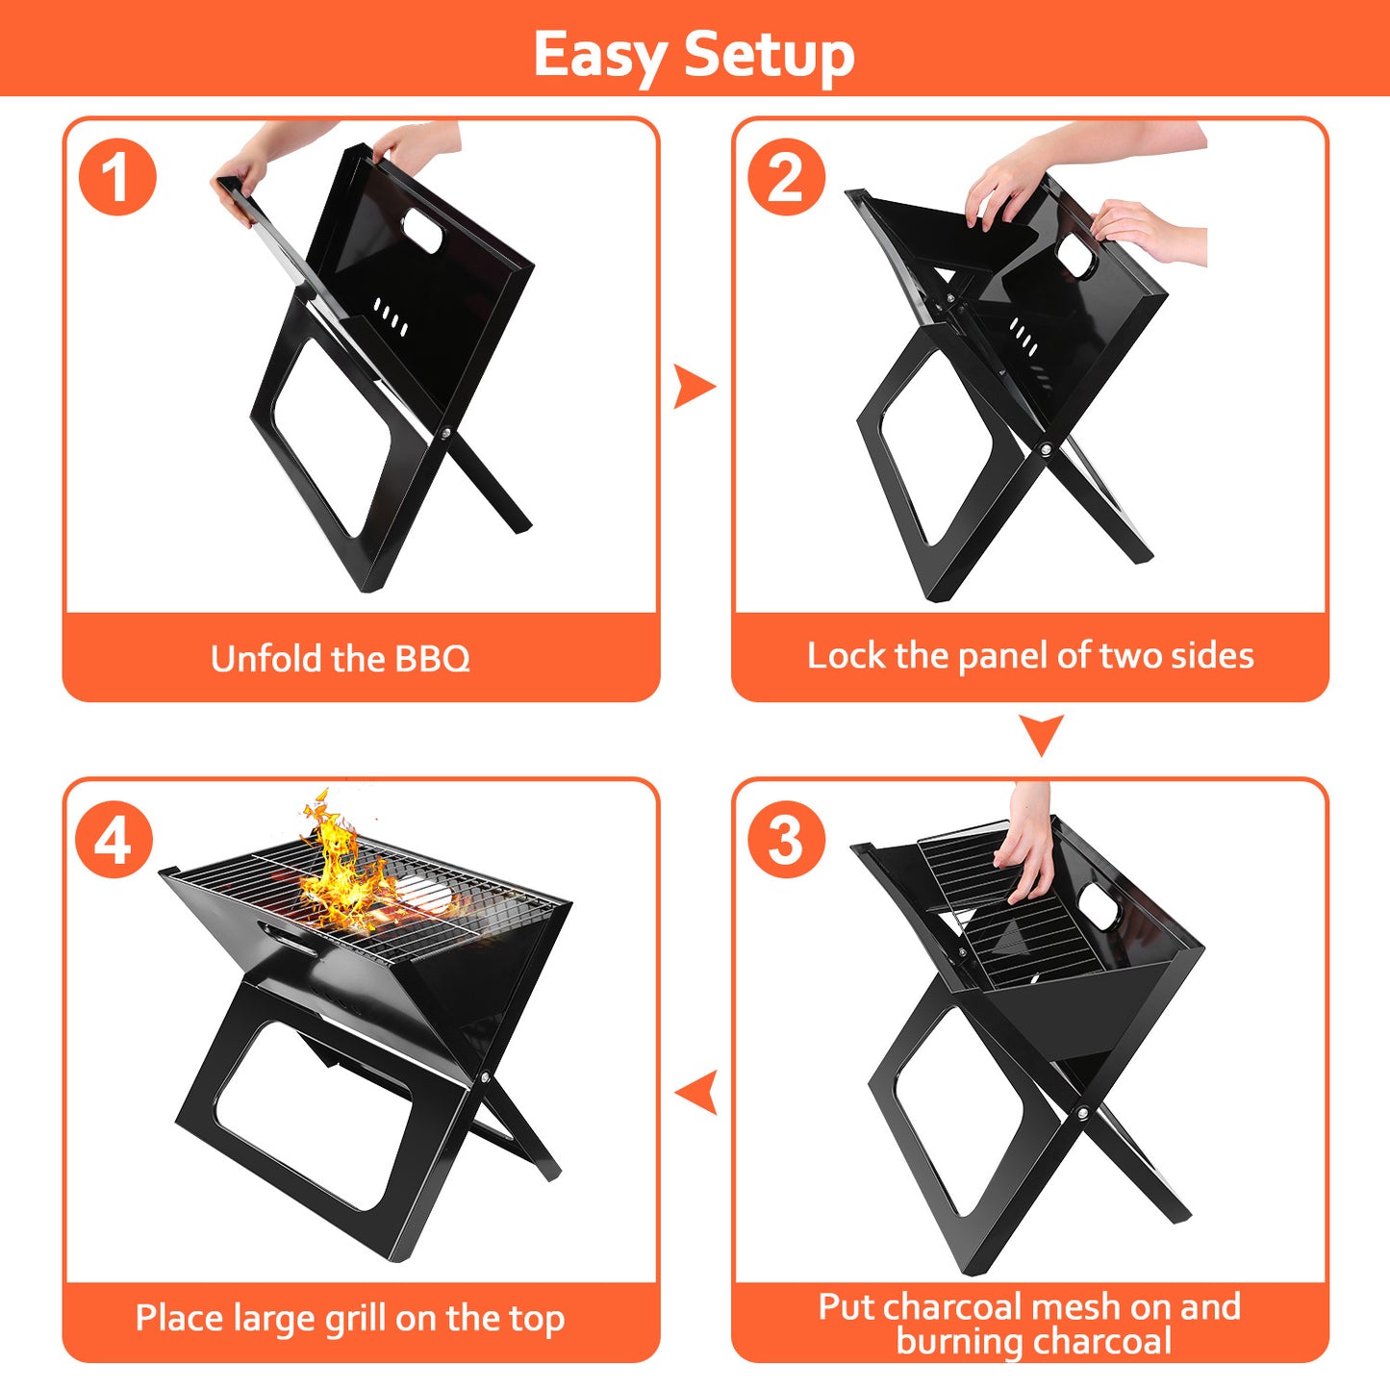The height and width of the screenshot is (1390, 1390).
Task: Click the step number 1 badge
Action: tap(117, 177)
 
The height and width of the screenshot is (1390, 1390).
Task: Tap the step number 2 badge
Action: tap(786, 177)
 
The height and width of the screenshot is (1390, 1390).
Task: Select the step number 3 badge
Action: tap(786, 839)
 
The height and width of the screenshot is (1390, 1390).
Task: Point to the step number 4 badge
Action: tap(114, 840)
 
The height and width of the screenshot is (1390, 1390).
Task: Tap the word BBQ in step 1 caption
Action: tap(432, 659)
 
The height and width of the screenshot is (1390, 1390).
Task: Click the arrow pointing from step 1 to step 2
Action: tap(694, 387)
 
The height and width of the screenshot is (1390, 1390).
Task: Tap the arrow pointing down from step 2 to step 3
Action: tap(1041, 734)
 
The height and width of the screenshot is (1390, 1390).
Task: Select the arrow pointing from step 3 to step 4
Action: tap(696, 1093)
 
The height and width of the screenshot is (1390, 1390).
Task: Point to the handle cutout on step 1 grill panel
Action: tap(423, 227)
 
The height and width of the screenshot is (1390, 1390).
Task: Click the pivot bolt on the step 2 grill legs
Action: tap(1046, 450)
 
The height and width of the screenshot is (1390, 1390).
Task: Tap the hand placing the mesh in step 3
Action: tap(1027, 847)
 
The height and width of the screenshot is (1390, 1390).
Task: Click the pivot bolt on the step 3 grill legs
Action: tap(1083, 1113)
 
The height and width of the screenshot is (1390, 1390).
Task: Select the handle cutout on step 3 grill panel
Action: tap(1098, 906)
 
